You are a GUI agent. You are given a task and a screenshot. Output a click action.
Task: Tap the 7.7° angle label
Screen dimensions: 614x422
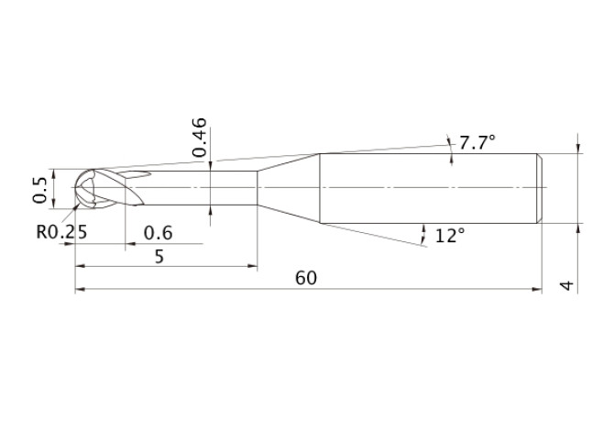click(477, 142)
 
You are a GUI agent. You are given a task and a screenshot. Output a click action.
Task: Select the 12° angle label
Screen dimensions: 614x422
click(450, 236)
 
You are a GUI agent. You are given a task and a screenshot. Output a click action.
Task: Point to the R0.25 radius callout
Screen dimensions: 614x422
click(61, 232)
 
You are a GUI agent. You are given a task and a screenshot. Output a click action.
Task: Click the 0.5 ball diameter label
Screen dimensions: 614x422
click(39, 190)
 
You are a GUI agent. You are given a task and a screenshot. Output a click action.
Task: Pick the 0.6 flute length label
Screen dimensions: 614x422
click(159, 233)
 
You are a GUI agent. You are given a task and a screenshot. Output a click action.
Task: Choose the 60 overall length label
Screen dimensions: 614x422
click(306, 278)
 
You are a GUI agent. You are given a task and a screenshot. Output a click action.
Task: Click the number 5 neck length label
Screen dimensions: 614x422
click(159, 257)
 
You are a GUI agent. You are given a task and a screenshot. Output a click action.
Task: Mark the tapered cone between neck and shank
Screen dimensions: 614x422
click(288, 188)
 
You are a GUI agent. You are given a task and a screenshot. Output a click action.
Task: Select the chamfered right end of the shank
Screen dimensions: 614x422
click(538, 188)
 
